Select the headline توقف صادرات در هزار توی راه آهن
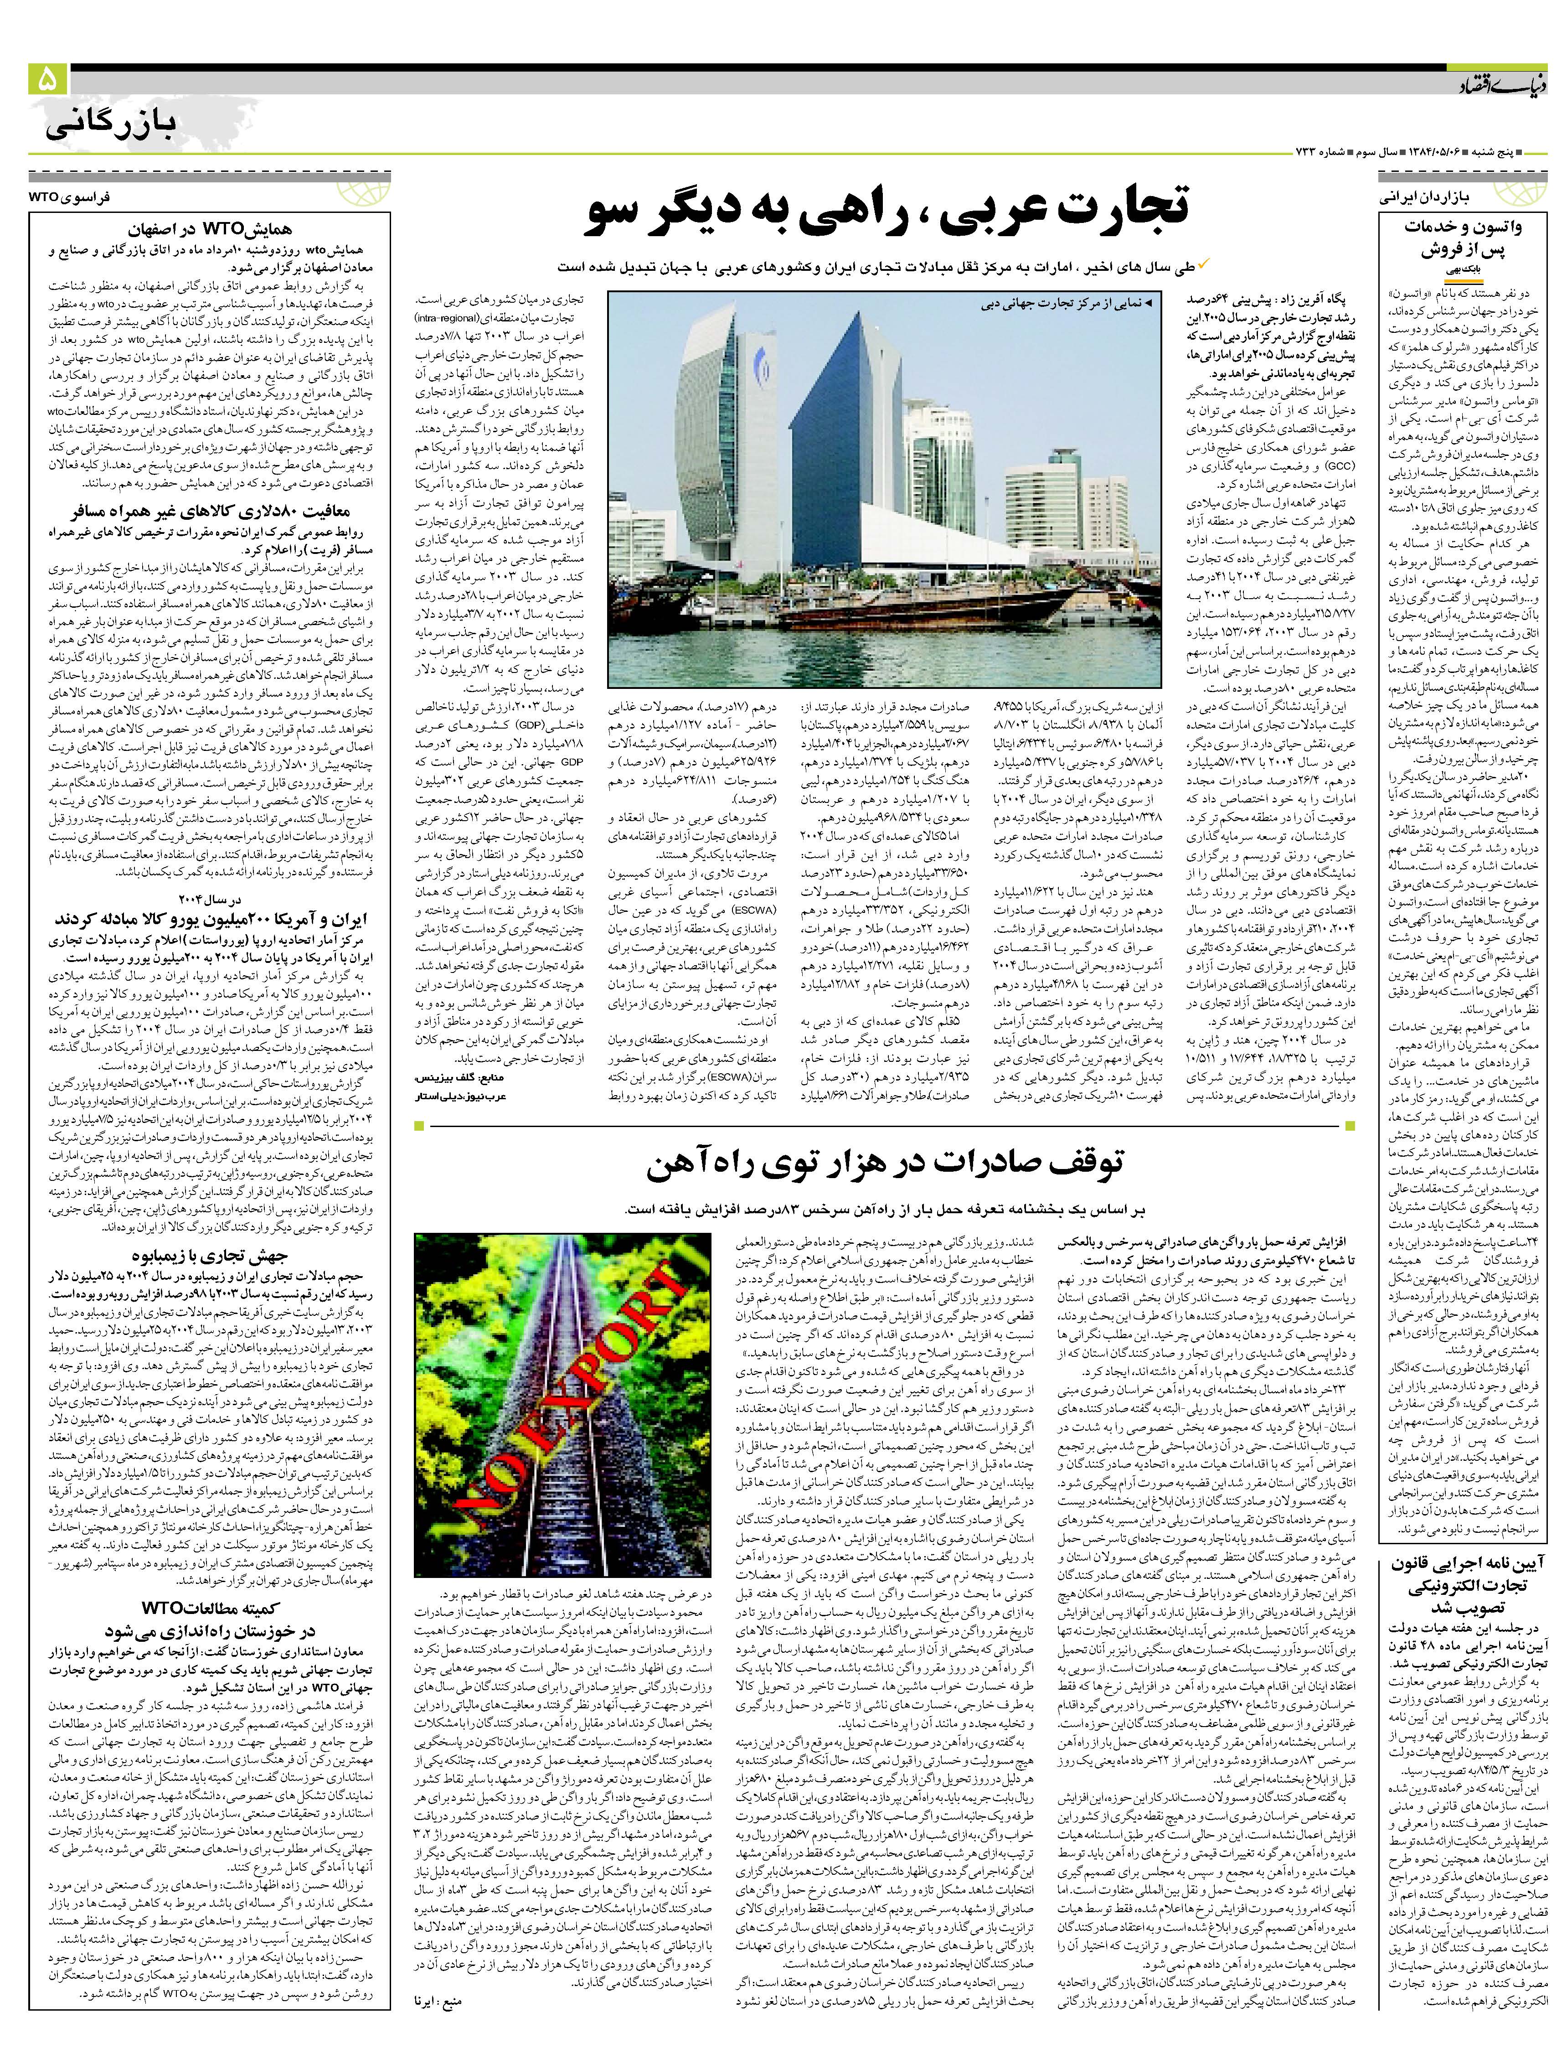click(x=883, y=1164)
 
